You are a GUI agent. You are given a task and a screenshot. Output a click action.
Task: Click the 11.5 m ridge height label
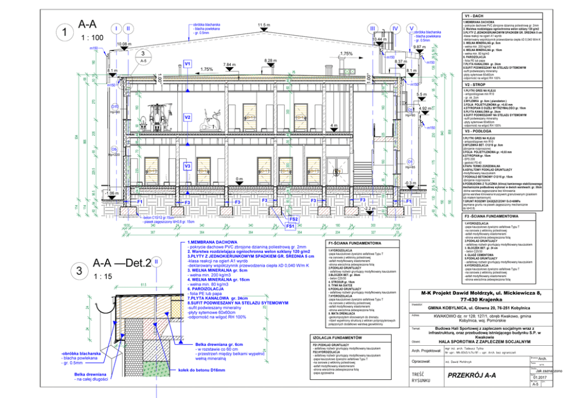click(263, 26)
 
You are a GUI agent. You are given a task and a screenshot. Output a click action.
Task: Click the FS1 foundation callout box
click(289, 226)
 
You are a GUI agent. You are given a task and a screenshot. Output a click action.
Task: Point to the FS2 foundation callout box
click(293, 219)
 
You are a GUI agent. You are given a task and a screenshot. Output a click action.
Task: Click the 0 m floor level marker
click(239, 179)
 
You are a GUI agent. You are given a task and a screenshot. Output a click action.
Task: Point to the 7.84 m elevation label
click(229, 65)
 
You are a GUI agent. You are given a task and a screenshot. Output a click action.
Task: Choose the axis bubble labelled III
click(373, 28)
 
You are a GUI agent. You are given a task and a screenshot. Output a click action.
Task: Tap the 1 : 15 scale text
click(102, 276)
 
